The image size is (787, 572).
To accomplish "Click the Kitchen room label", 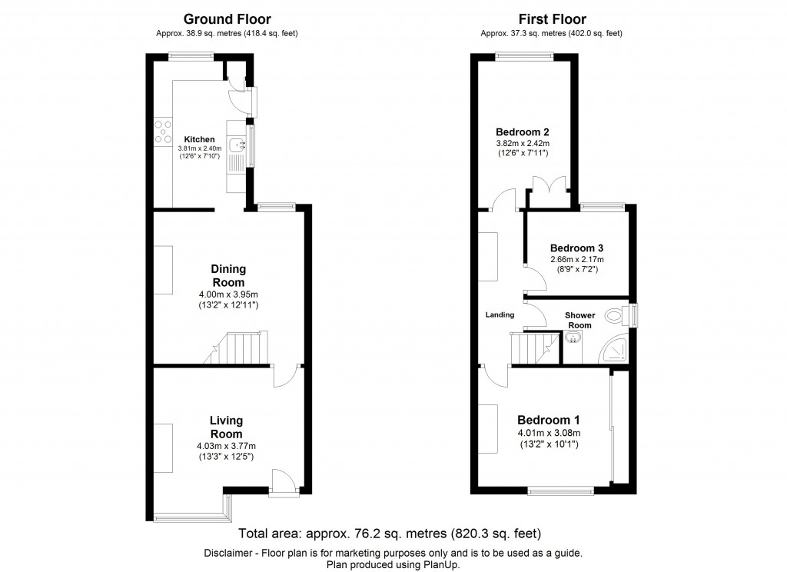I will pyautogui.click(x=199, y=139).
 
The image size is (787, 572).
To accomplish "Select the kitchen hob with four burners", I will pyautogui.click(x=163, y=131).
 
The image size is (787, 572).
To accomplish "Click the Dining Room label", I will pyautogui.click(x=228, y=275).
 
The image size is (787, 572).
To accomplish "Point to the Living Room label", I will pyautogui.click(x=227, y=427).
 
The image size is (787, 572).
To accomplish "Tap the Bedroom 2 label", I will pyautogui.click(x=522, y=131).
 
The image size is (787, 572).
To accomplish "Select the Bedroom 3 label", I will pyautogui.click(x=576, y=248).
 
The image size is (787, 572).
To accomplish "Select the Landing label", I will pyautogui.click(x=500, y=314).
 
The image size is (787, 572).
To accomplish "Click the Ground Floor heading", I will pyautogui.click(x=226, y=19).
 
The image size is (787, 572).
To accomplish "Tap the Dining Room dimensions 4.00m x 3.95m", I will pyautogui.click(x=228, y=295).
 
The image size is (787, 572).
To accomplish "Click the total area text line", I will pyautogui.click(x=390, y=534).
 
